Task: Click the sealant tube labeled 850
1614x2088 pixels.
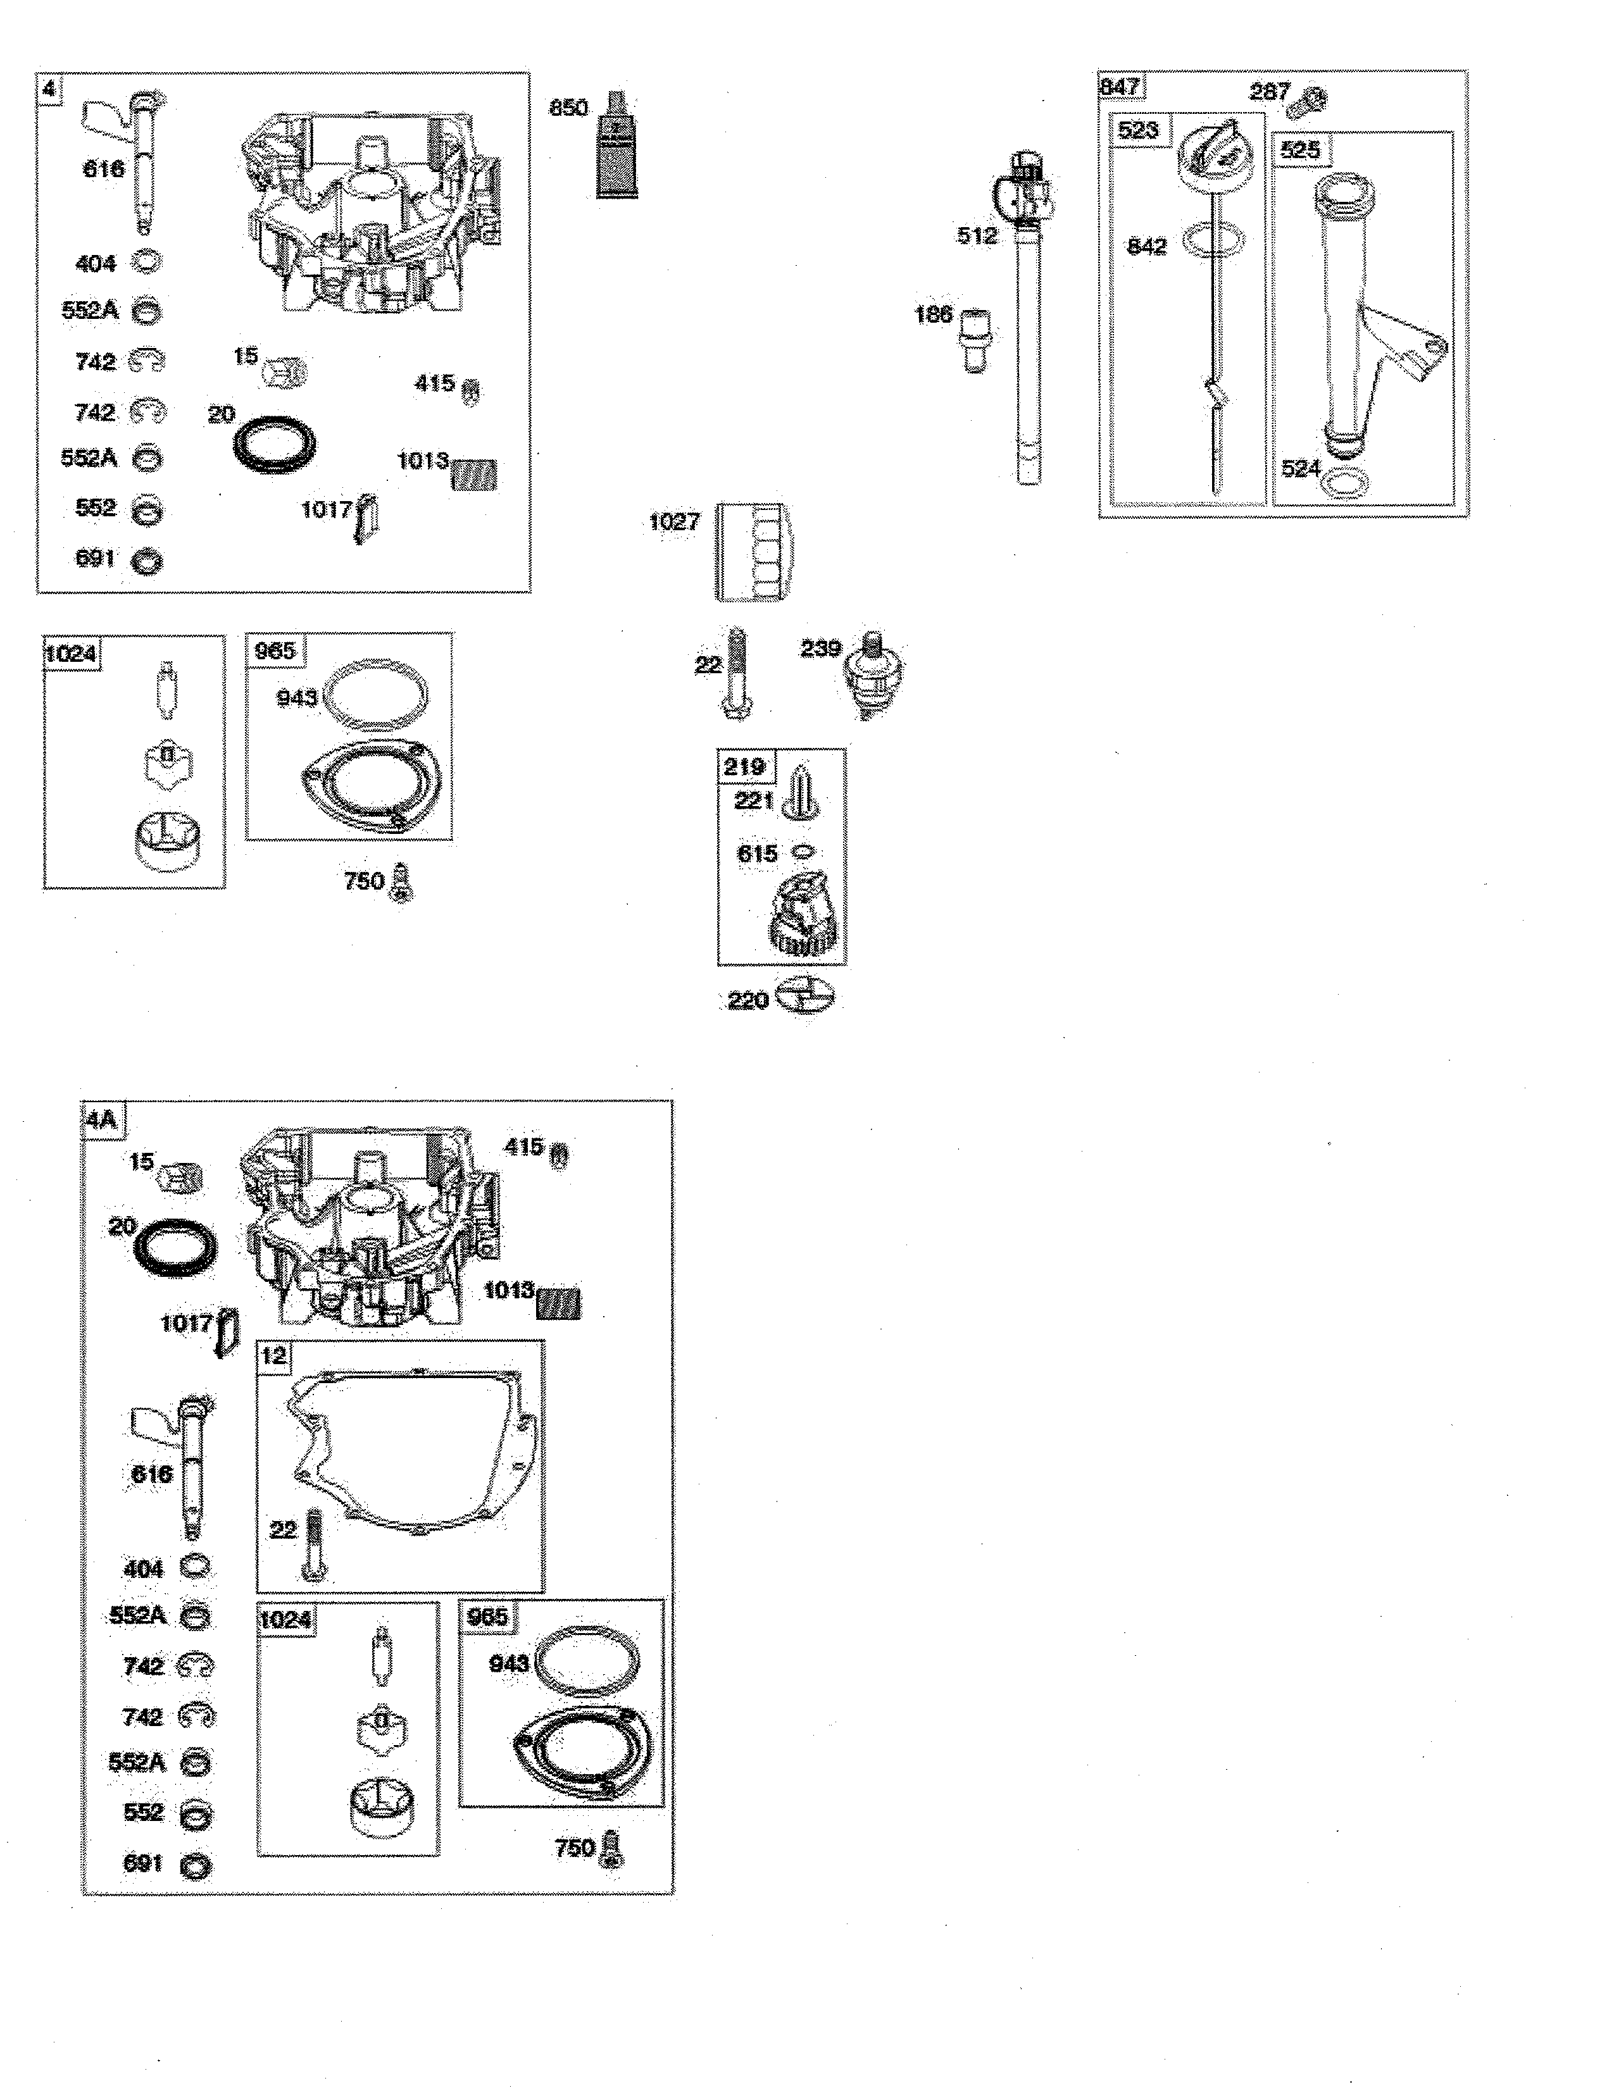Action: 616,148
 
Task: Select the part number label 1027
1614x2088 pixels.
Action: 674,522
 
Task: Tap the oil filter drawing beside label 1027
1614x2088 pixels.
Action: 753,552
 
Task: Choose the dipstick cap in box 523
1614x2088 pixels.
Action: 1210,153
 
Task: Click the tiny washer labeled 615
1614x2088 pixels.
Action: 804,852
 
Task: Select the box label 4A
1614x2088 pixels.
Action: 101,1119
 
